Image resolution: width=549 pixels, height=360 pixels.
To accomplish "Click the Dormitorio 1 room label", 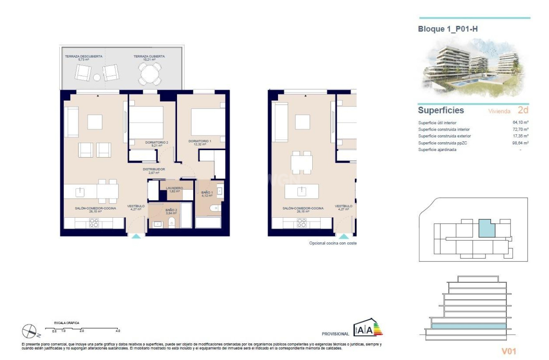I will pos(200,141).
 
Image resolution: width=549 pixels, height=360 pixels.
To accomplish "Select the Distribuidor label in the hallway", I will pos(154,169).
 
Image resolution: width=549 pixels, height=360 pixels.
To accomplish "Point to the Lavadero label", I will pos(174,189).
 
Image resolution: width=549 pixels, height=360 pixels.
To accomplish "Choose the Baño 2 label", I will pos(171,211).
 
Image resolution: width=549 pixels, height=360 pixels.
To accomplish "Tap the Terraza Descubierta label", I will pos(83,56).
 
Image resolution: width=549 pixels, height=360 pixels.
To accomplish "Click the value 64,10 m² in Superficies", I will pos(520,123).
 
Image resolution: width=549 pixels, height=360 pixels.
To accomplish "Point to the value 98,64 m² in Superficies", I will pos(520,143).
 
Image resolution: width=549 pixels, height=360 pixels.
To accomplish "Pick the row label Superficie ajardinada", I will pos(437,149).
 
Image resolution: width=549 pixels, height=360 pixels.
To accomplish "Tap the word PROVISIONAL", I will pos(335,334).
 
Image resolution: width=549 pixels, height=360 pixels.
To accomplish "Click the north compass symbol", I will pos(30,331).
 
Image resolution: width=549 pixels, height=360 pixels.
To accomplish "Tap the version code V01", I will pos(509,351).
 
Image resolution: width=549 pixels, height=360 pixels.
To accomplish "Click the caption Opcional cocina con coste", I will pos(332,243).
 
